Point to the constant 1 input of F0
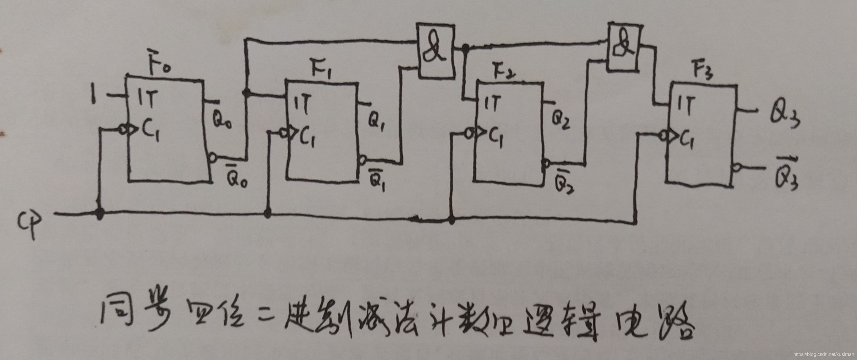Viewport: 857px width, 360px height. [x=94, y=95]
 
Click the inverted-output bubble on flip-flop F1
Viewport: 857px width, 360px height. [x=363, y=160]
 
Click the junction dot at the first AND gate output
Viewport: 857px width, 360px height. [x=466, y=49]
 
